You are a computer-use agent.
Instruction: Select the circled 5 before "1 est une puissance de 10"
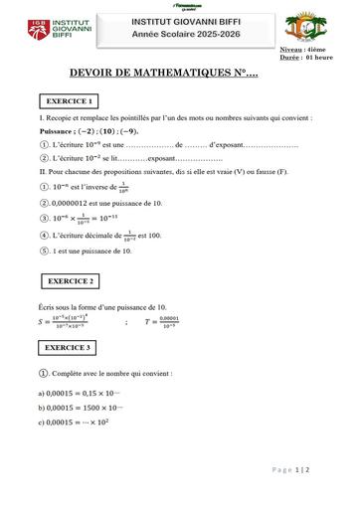(44, 252)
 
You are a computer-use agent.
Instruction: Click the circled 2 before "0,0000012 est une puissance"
(44, 202)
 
